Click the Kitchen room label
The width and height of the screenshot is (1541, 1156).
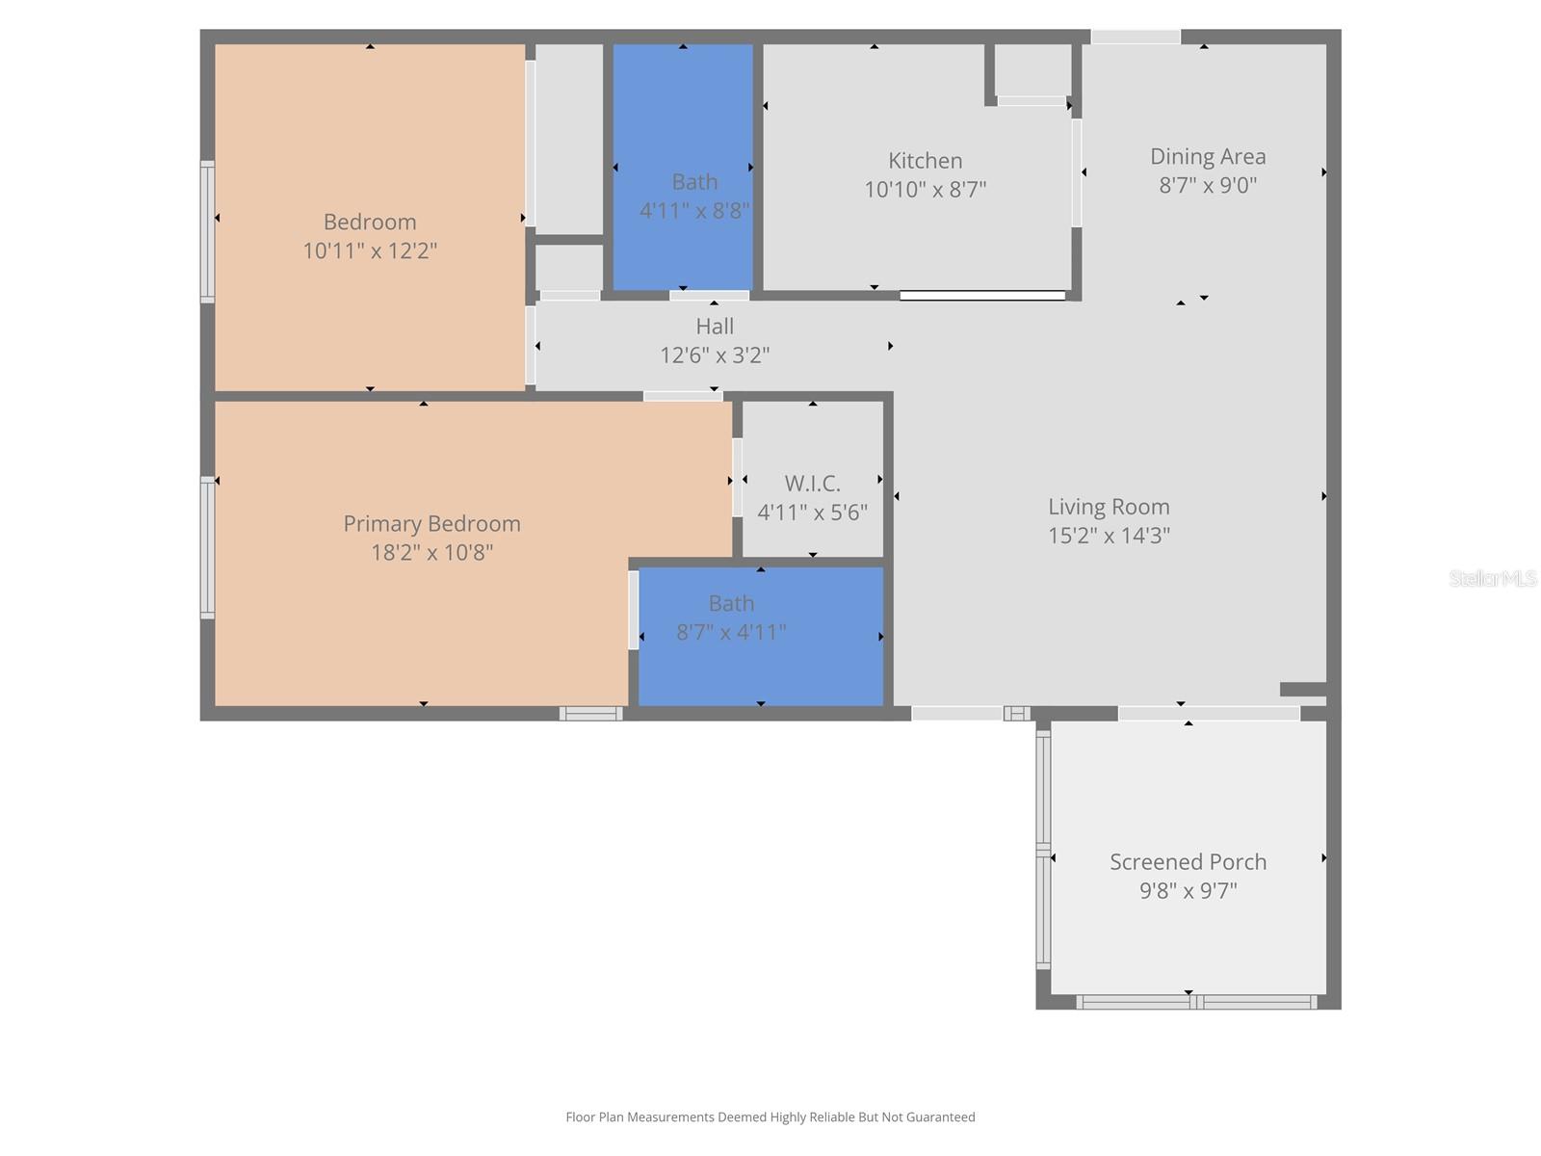(925, 161)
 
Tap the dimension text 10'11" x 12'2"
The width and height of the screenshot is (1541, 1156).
(370, 251)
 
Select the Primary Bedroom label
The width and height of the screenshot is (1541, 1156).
(431, 524)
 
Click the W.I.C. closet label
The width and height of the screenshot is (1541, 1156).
(812, 484)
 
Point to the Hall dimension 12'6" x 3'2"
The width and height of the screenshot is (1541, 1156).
(714, 355)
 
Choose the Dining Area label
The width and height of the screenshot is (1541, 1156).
(1208, 157)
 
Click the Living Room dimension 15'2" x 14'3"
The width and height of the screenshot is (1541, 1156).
(1109, 536)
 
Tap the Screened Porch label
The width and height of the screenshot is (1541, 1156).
(1188, 862)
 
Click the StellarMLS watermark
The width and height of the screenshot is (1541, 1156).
(1493, 579)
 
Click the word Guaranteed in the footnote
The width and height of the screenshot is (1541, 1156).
(939, 1117)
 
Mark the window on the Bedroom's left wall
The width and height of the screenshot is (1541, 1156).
(207, 231)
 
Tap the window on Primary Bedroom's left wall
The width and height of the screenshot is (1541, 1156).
(207, 546)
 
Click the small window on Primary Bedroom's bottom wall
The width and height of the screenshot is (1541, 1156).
(591, 714)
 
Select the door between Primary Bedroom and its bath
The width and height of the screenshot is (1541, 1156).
(634, 610)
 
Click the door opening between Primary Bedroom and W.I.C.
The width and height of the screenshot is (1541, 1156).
(737, 478)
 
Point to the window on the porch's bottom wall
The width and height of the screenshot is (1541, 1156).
(1195, 1002)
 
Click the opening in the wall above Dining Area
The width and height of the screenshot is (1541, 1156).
(1136, 37)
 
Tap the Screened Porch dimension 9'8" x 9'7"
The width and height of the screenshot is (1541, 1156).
(1188, 891)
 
